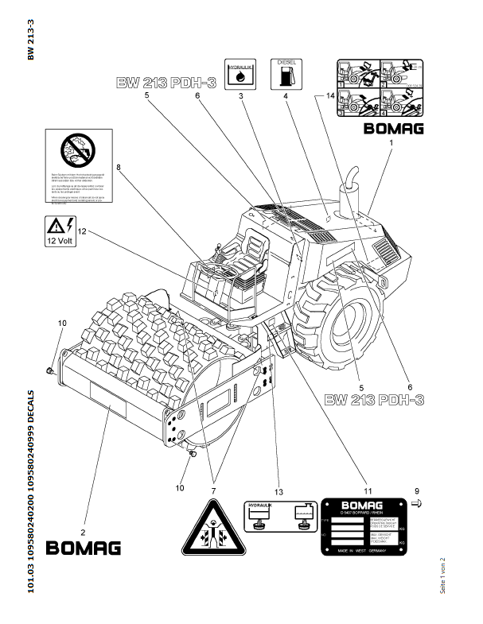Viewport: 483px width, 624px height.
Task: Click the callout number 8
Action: pos(118,168)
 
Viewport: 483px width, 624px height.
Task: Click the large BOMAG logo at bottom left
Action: pos(84,548)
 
